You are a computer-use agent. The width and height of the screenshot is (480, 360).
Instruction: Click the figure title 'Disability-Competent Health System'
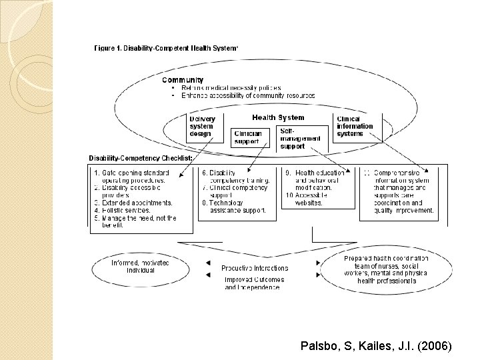coord(167,47)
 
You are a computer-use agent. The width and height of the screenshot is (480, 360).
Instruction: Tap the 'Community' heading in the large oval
coord(183,80)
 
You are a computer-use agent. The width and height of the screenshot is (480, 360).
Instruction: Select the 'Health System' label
coord(278,118)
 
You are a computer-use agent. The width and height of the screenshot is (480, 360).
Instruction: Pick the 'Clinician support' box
coord(248,137)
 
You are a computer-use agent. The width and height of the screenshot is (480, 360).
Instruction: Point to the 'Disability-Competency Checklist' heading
coord(141,158)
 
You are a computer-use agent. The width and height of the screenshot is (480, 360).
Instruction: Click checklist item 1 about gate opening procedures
coord(134,177)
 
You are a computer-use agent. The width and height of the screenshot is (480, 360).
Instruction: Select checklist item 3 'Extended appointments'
coord(134,203)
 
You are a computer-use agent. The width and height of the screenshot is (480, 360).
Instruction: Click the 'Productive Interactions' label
coord(255,268)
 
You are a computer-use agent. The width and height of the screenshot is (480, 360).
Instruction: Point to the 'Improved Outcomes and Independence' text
coord(254,283)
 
